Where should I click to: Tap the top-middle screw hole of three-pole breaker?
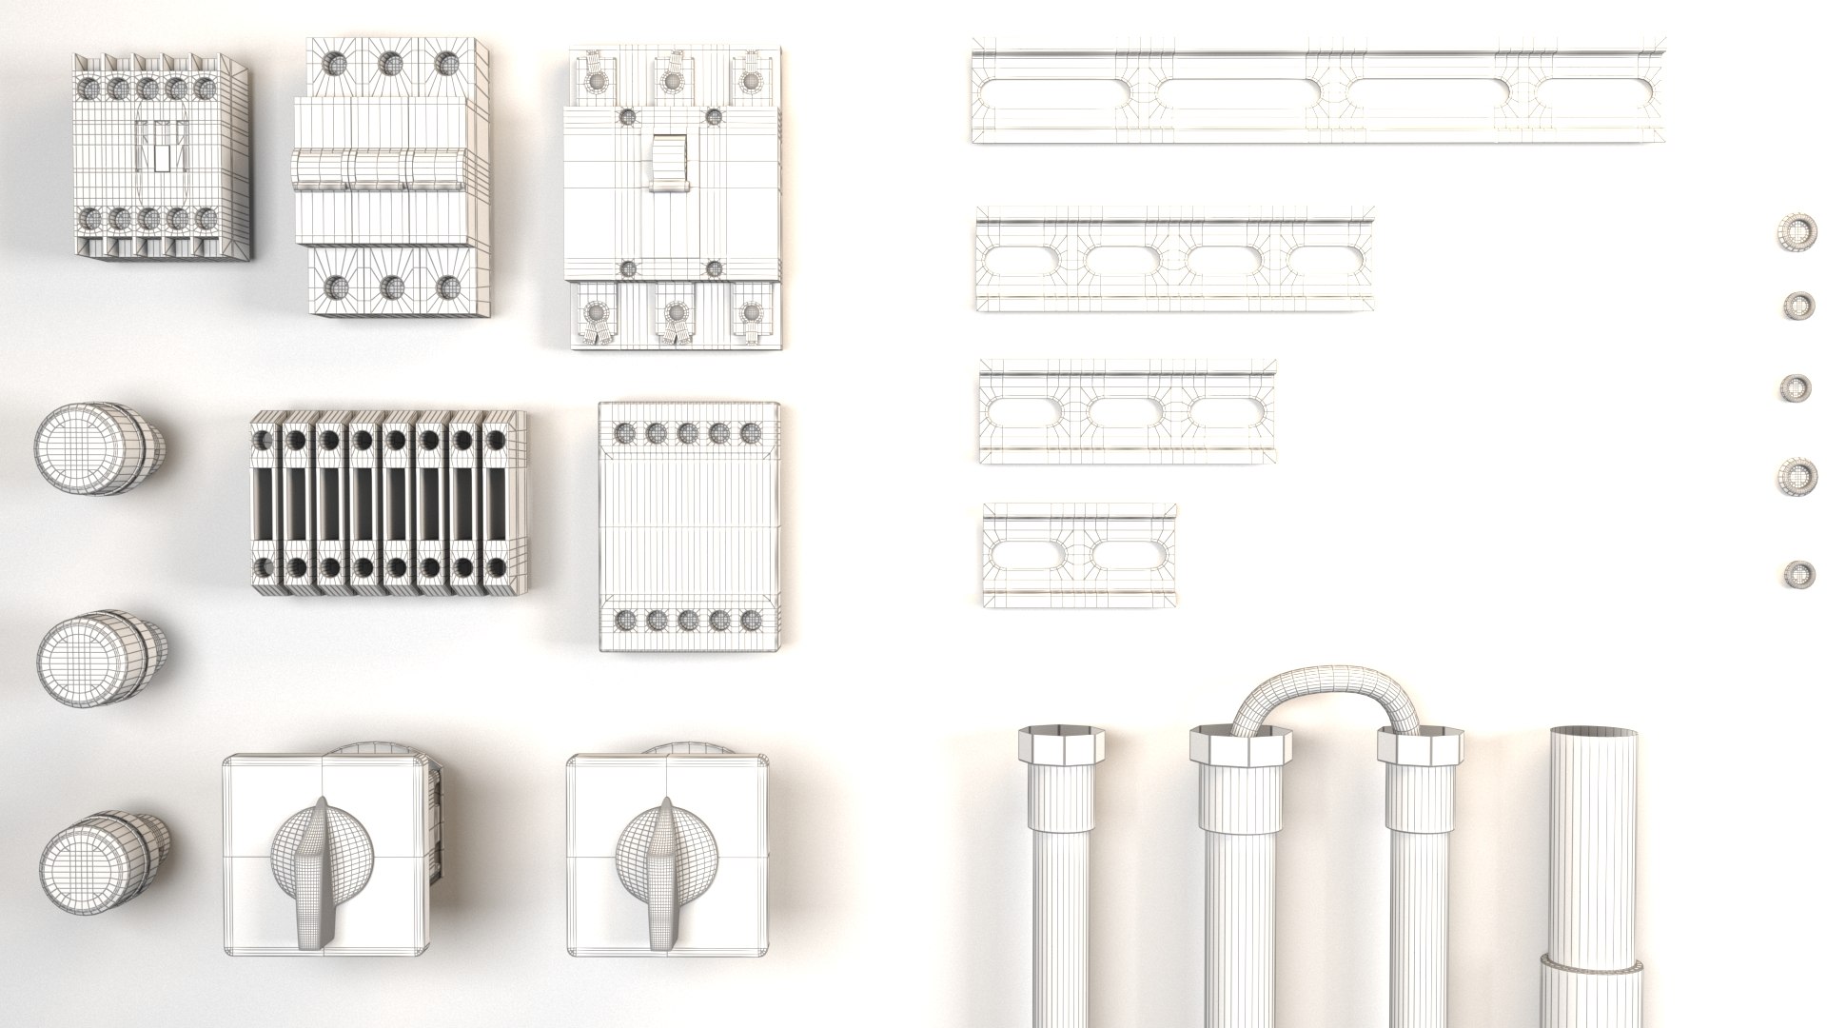pyautogui.click(x=388, y=63)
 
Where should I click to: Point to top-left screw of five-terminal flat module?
pyautogui.click(x=625, y=434)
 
